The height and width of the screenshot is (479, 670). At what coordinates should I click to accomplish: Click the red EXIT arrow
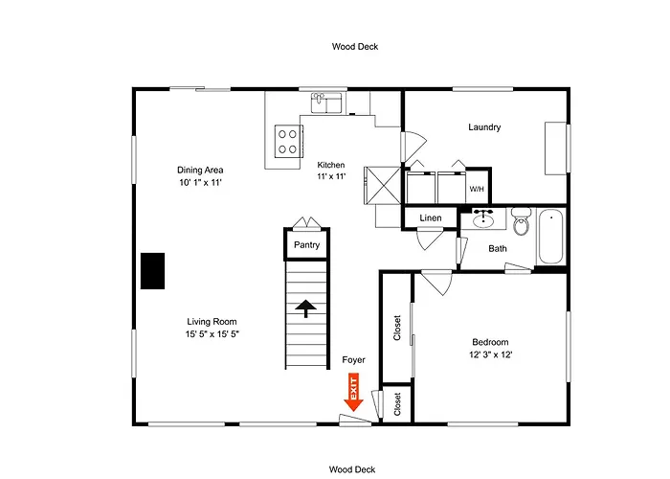[353, 392]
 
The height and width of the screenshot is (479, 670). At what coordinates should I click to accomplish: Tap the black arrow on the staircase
[306, 308]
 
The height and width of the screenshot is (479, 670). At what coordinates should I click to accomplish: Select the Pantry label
[307, 245]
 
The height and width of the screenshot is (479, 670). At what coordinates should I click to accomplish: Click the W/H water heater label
[477, 189]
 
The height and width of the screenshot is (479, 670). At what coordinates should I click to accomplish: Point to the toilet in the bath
[521, 221]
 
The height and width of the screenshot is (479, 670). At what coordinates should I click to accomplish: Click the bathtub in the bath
[550, 237]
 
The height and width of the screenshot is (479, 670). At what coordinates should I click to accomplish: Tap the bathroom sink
[483, 218]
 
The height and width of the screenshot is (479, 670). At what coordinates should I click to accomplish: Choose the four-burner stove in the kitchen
[289, 142]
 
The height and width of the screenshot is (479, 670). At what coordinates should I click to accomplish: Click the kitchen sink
[326, 103]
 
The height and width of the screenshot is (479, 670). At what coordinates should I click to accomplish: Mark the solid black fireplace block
[153, 271]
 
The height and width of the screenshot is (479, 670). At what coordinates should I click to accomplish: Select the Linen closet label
[431, 218]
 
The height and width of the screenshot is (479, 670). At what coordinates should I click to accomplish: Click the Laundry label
[484, 127]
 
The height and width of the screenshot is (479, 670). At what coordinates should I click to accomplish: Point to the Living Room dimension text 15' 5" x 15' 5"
[212, 334]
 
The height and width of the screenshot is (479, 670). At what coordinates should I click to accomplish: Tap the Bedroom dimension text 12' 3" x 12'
[490, 354]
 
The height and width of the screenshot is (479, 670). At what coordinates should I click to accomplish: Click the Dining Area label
[200, 170]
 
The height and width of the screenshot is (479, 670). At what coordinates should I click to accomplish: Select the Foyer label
[354, 360]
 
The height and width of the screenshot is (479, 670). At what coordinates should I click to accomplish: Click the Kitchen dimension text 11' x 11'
[331, 175]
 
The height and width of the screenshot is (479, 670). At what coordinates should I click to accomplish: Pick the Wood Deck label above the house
[355, 47]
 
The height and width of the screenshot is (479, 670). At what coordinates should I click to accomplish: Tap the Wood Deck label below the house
[352, 469]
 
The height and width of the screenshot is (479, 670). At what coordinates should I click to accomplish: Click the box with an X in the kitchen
[383, 185]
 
